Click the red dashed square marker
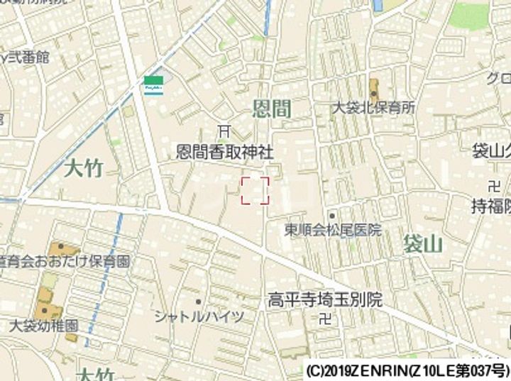(255, 190)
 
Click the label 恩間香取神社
(224, 152)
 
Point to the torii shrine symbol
(224, 131)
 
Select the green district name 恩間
(273, 109)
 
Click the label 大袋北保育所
(374, 108)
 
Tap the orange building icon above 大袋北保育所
(374, 89)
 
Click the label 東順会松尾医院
(332, 230)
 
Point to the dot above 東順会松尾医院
(331, 214)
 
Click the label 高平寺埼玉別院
(324, 299)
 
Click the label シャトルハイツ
(199, 316)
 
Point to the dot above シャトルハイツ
(199, 302)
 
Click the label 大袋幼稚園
(44, 327)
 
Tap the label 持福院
(491, 206)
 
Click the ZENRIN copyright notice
(407, 371)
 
